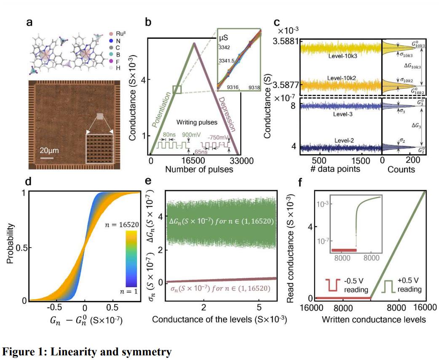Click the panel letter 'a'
point(29,22)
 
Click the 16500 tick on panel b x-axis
point(193,160)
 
